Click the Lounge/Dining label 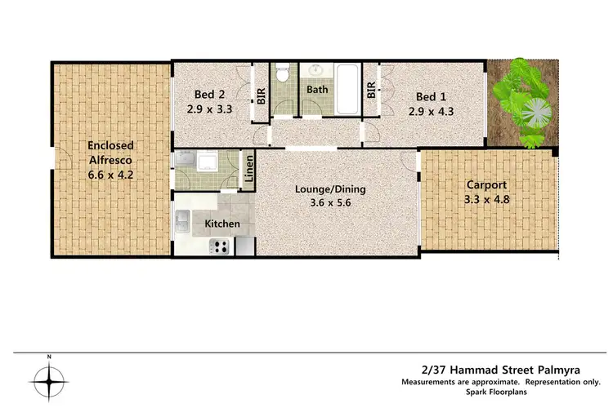point(330,190)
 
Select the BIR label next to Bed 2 point(261,95)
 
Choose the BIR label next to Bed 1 point(372,90)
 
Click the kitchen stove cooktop point(219,246)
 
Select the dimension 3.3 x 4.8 point(480,198)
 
